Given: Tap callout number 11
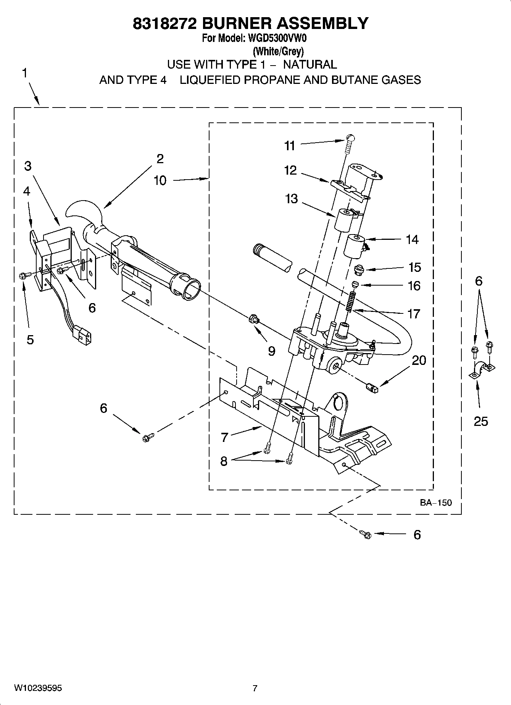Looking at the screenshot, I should coord(290,146).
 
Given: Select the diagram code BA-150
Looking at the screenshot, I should coord(436,503).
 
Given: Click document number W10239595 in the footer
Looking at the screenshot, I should coord(38,688).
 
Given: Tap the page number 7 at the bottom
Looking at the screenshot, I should coord(255,688).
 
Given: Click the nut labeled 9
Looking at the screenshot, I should coord(253,318).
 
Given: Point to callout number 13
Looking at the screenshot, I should coord(291,199).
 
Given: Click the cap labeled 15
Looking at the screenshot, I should coord(358,270).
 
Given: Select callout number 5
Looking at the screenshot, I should coord(30,339).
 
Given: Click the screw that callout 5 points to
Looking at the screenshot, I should coord(22,275).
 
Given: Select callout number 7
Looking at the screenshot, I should coord(224,437).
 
